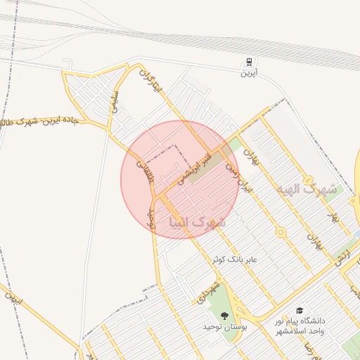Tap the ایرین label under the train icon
(250, 72)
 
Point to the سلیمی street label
(115, 103)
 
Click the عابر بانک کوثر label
(236, 259)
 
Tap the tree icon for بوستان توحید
(224, 315)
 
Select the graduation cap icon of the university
(300, 310)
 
